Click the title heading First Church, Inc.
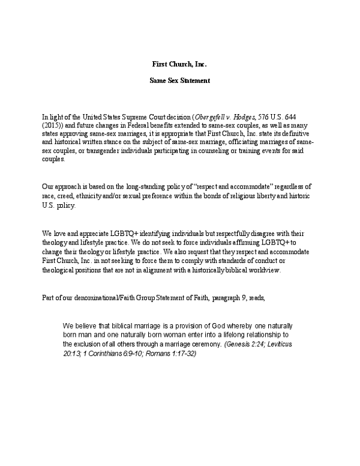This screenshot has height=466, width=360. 179,63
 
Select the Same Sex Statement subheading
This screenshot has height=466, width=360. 179,80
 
